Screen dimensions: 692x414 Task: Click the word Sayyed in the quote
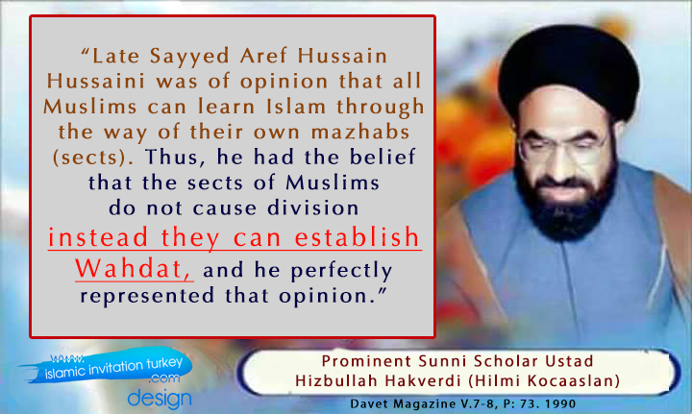tap(189, 57)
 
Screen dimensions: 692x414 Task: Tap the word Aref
tap(263, 56)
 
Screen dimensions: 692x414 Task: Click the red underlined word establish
tap(357, 237)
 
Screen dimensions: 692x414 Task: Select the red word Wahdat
tap(135, 268)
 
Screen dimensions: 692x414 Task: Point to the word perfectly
tap(341, 271)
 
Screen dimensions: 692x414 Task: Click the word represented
tap(147, 296)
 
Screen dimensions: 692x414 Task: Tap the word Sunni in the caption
tap(441, 361)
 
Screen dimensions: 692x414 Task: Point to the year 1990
tap(560, 403)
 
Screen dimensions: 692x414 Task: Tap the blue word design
tap(160, 398)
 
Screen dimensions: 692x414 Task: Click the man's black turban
tap(568, 70)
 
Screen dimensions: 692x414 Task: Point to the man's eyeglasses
tap(562, 148)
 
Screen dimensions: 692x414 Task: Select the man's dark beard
tap(566, 199)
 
